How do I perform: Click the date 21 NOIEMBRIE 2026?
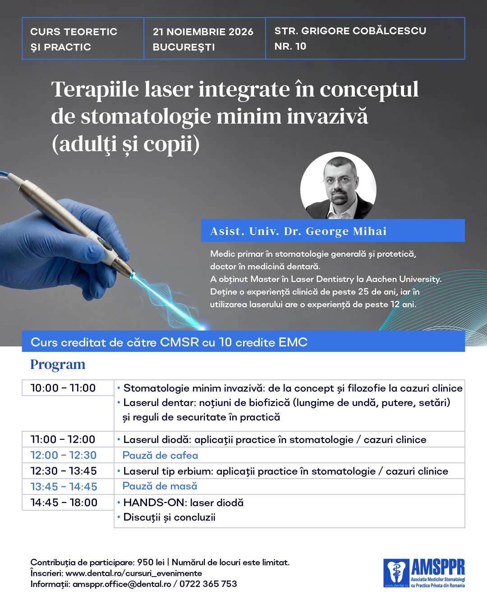203,32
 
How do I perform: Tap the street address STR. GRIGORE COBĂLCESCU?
350,31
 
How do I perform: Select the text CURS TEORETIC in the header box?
74,32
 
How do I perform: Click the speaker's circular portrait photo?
338,186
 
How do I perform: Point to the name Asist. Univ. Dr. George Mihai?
298,231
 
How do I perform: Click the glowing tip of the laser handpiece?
132,275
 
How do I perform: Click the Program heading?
58,364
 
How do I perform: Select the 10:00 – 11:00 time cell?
68,388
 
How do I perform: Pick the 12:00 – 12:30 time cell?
68,455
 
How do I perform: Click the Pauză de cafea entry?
160,455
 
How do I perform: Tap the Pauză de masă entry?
160,486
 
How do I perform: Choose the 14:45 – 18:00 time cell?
68,502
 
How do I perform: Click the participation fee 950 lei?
151,562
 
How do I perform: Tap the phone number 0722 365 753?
208,584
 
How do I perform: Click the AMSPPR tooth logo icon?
396,573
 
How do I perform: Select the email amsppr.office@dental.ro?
122,584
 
